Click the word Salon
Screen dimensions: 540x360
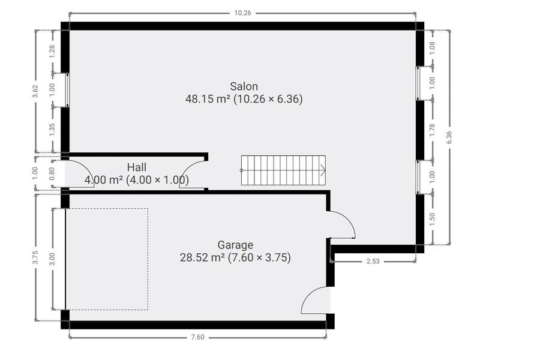(244, 86)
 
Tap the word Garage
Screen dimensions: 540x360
(235, 245)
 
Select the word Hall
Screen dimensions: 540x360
(137, 167)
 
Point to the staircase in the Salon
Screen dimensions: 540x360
(283, 170)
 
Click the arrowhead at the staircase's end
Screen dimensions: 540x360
(323, 170)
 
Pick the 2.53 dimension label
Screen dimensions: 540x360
(373, 261)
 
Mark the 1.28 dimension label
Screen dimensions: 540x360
(52, 52)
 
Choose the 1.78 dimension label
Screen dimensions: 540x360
(433, 130)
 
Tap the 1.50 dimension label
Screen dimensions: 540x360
(433, 220)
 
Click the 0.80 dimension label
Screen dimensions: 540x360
(52, 173)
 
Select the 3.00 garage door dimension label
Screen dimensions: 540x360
(52, 259)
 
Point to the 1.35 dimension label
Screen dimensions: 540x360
(52, 130)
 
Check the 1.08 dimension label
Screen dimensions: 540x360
(433, 48)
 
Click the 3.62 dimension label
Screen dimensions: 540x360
(35, 91)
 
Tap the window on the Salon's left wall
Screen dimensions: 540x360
(67, 90)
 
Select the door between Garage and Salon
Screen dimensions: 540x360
(341, 224)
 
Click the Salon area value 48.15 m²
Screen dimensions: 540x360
(208, 99)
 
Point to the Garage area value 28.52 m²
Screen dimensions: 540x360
(203, 257)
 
